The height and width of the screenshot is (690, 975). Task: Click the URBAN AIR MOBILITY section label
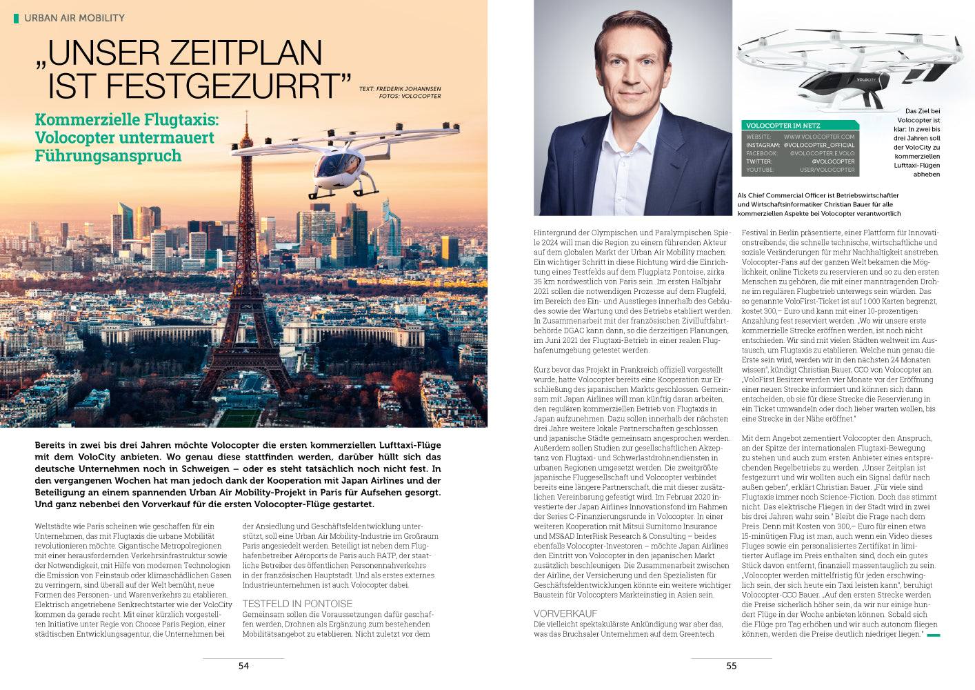tap(74, 18)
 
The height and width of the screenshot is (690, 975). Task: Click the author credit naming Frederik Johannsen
tap(400, 89)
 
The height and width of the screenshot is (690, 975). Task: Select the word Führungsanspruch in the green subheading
tap(108, 156)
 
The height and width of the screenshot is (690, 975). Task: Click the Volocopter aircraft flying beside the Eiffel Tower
tap(342, 166)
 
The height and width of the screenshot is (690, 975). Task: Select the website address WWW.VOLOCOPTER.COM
tap(819, 137)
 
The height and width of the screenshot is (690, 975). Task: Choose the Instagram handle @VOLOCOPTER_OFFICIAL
tap(819, 145)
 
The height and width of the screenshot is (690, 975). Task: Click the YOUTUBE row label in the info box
tap(760, 170)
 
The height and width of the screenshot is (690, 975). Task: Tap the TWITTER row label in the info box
tap(759, 161)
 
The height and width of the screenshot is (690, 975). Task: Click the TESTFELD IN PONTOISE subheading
tap(297, 604)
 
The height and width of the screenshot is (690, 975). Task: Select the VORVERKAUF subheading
tap(565, 613)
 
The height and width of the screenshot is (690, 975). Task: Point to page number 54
tap(243, 666)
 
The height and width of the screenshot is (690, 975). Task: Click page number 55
tap(732, 666)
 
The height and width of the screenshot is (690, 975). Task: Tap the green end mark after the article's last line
tap(934, 635)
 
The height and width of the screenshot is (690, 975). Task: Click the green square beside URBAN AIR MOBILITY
tap(17, 18)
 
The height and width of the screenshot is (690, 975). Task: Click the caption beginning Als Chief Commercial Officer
tap(818, 204)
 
